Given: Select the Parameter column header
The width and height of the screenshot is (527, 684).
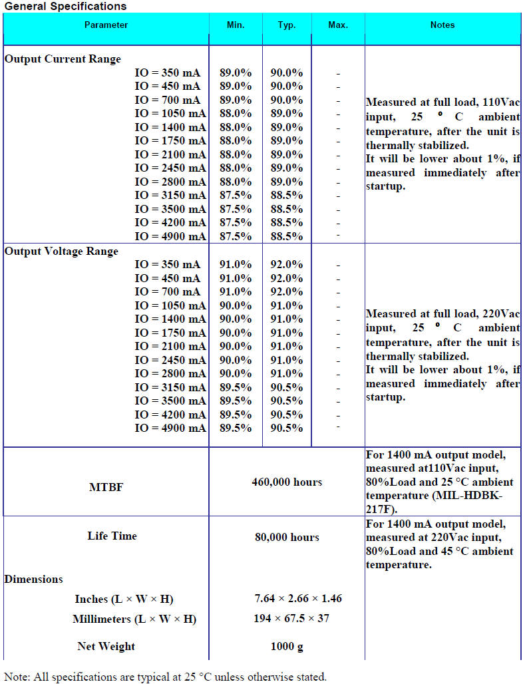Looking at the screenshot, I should pyautogui.click(x=106, y=25).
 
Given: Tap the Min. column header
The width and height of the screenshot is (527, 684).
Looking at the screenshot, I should pyautogui.click(x=236, y=25).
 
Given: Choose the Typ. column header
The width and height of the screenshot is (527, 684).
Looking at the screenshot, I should pyautogui.click(x=287, y=25).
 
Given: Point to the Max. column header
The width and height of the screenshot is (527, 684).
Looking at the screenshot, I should pyautogui.click(x=338, y=25).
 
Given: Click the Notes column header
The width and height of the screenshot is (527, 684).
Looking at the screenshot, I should pyautogui.click(x=442, y=25).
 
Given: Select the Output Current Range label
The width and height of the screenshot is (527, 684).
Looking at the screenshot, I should pyautogui.click(x=63, y=59).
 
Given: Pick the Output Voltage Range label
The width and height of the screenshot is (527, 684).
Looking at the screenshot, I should pyautogui.click(x=62, y=252).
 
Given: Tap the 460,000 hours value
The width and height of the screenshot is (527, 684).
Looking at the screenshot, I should pyautogui.click(x=287, y=482).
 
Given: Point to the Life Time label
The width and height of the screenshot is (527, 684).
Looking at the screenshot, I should pyautogui.click(x=112, y=536).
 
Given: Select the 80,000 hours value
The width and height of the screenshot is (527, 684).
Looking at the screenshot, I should pyautogui.click(x=287, y=538).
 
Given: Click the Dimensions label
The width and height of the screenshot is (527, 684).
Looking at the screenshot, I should pyautogui.click(x=34, y=580).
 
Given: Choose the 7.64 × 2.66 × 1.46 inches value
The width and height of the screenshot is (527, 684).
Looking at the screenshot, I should pyautogui.click(x=298, y=599).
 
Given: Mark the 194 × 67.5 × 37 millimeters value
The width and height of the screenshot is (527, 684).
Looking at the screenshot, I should pyautogui.click(x=291, y=619).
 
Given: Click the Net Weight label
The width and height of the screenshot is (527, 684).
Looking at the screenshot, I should pyautogui.click(x=106, y=647).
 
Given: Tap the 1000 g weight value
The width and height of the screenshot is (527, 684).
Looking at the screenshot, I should pyautogui.click(x=287, y=647).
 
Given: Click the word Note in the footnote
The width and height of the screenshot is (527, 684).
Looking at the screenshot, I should pyautogui.click(x=15, y=677).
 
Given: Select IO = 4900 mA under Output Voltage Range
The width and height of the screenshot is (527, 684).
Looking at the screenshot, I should pyautogui.click(x=170, y=428).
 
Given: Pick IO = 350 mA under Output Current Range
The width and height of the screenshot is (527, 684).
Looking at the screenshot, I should pyautogui.click(x=167, y=73).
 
